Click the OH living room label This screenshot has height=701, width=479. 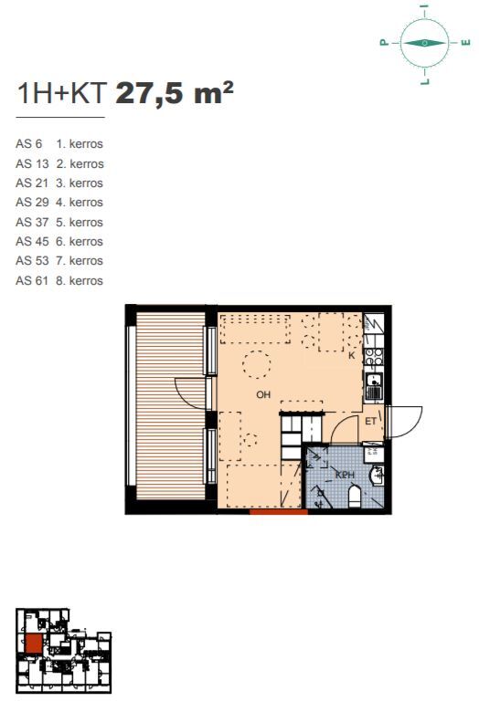point(263,394)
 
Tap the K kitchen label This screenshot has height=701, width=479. point(351,355)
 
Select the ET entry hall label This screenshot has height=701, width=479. point(370,421)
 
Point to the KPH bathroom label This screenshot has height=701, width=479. point(345,475)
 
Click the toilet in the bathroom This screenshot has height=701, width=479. point(355,497)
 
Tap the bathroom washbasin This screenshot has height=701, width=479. point(378,476)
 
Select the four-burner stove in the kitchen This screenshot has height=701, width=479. point(374,357)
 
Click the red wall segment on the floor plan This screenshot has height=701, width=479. point(279,512)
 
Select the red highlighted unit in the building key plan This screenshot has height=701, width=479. point(34,644)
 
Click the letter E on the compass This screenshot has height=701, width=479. point(466,43)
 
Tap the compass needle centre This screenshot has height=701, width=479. point(424,43)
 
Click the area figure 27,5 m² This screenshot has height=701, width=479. point(175,93)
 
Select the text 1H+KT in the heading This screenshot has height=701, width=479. point(61,93)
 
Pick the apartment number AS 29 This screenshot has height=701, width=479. point(32,202)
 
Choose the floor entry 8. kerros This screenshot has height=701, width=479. point(80,281)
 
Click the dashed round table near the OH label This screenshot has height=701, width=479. point(257,364)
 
